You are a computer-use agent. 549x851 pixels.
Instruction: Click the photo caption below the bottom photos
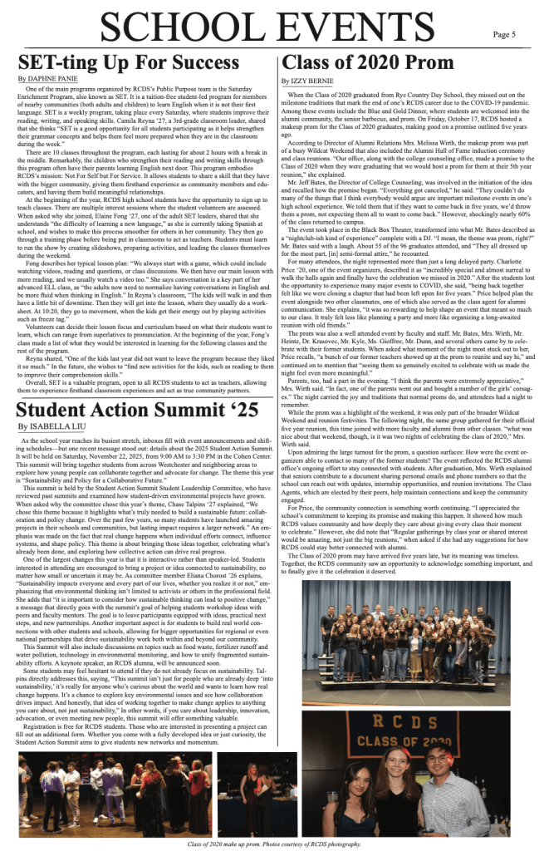[275, 843]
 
